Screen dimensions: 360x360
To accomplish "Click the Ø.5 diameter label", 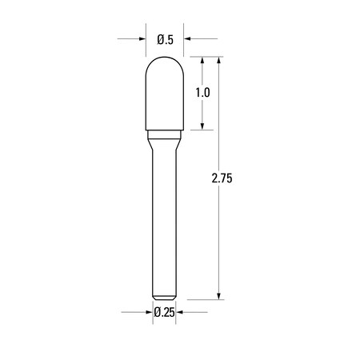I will pyautogui.click(x=166, y=38).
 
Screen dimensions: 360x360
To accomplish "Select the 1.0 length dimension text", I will pyautogui.click(x=202, y=92).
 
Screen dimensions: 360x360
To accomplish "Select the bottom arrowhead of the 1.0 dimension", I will pyautogui.click(x=203, y=125).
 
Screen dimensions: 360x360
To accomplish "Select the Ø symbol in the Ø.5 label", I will pyautogui.click(x=160, y=38).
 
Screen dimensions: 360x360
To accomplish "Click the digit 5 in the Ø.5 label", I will pyautogui.click(x=171, y=38).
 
